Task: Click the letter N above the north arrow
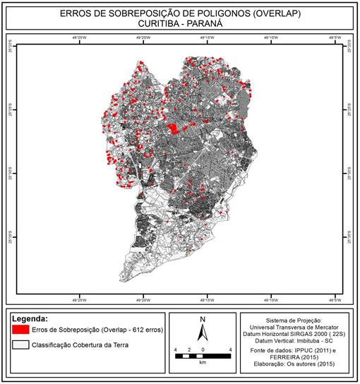click(203, 318)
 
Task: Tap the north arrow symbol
click(203, 335)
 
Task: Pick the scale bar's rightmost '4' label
click(230, 349)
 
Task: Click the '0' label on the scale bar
click(203, 349)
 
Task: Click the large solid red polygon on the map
click(174, 127)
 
